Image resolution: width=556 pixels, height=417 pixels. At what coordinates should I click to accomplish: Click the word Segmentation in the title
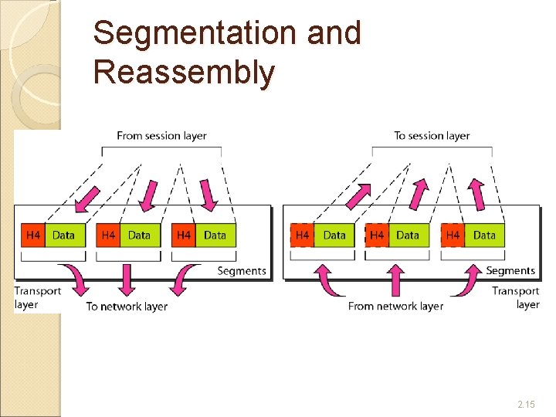tap(196, 33)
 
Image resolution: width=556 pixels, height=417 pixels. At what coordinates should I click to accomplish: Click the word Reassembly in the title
tap(183, 72)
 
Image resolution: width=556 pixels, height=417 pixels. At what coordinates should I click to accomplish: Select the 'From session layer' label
tap(161, 136)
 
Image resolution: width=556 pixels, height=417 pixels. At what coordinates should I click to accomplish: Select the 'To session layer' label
tap(432, 136)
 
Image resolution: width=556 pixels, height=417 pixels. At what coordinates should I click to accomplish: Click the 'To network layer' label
tap(127, 307)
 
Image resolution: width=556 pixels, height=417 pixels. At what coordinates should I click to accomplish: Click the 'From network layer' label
tap(395, 307)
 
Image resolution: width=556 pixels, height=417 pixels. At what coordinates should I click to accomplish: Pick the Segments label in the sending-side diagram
tap(242, 271)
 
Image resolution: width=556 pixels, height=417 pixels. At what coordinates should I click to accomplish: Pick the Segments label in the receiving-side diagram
tap(510, 271)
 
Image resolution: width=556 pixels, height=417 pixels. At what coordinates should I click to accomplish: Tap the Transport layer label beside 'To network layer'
tap(37, 297)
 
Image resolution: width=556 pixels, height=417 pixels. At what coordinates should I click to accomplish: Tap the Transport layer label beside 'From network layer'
tap(516, 297)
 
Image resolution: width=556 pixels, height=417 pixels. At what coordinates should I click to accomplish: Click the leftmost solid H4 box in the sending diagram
tap(33, 235)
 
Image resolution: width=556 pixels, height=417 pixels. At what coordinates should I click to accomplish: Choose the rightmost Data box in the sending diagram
tap(215, 235)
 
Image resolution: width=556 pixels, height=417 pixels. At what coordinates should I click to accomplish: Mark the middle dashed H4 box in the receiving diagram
tap(377, 235)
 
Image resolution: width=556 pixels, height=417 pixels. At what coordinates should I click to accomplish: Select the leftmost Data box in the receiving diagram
tap(334, 235)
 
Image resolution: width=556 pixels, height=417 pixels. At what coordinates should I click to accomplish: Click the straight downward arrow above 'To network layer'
tap(125, 280)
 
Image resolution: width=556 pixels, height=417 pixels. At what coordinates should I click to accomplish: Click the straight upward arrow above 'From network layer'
tap(395, 280)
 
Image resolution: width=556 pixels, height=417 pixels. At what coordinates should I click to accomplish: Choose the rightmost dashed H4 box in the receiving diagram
tap(453, 235)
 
